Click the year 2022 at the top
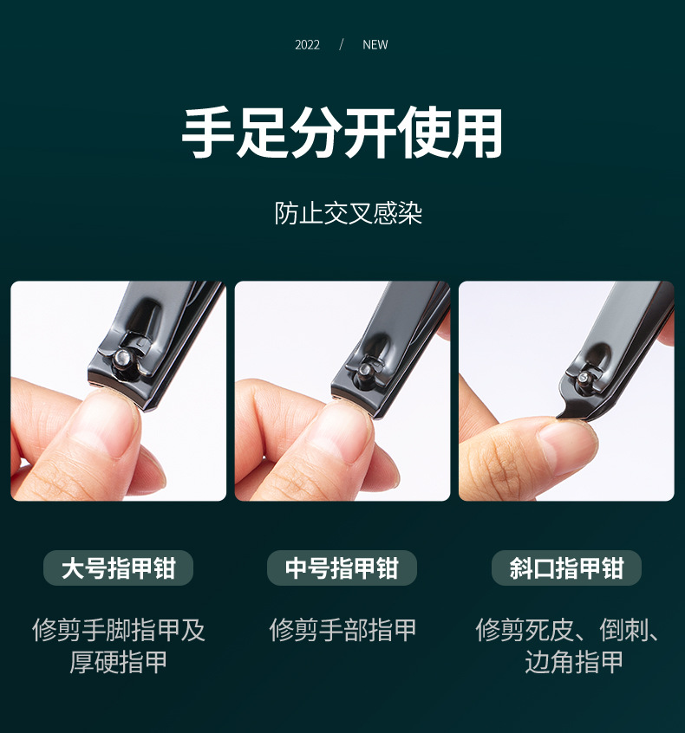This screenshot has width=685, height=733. (307, 45)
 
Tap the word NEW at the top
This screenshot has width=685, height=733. (375, 45)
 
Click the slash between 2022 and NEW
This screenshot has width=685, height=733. (342, 45)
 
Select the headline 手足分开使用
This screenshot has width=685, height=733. (342, 133)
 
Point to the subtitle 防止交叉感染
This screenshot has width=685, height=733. (349, 213)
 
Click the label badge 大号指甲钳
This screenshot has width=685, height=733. (118, 568)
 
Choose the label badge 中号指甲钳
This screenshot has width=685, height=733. (342, 568)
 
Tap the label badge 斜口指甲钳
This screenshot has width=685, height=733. (566, 568)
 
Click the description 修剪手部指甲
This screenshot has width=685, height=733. (342, 630)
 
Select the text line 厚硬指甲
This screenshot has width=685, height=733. (119, 663)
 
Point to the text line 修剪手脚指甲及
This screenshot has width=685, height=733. (119, 630)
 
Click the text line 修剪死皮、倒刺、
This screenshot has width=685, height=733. (567, 630)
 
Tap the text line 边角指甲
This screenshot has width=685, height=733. (574, 663)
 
